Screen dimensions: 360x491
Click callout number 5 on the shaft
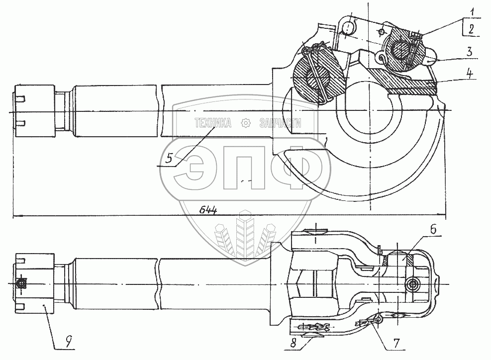tap(169, 159)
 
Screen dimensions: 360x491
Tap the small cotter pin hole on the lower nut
tap(21, 283)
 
